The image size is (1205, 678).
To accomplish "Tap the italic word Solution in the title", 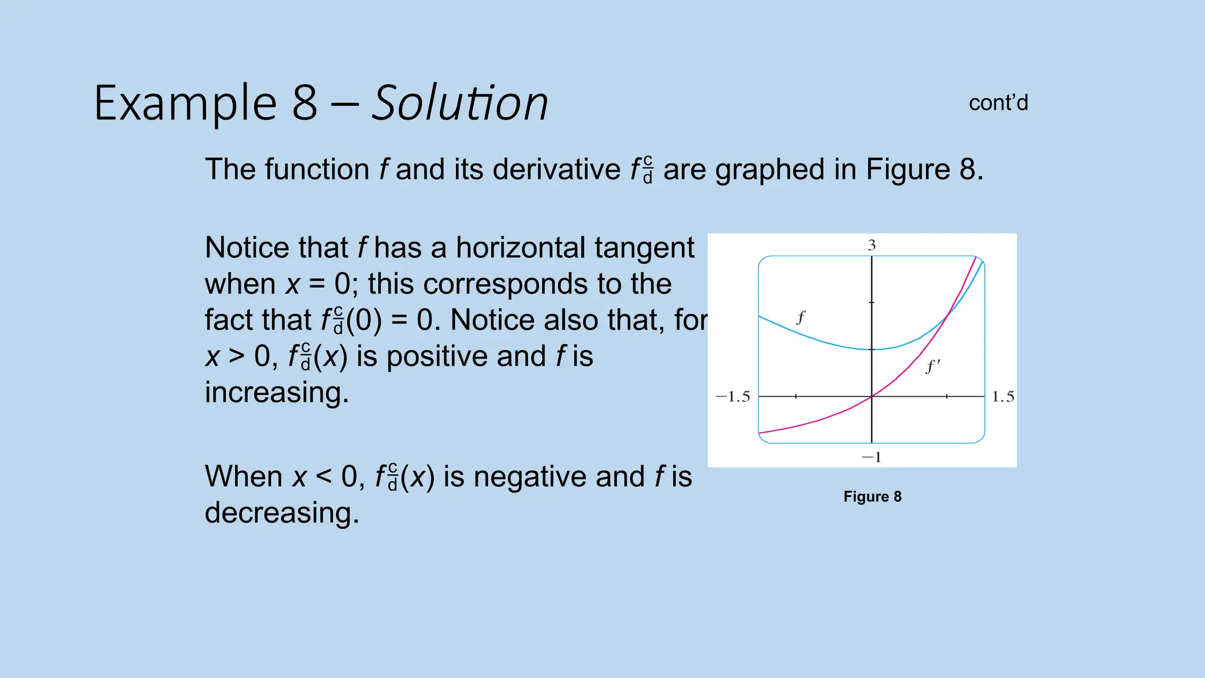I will point(460,104).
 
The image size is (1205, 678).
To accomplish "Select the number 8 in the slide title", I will point(305,104).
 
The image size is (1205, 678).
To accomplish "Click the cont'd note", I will point(998,103).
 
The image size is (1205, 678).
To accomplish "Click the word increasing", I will point(277,393).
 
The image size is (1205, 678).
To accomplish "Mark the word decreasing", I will point(281,513).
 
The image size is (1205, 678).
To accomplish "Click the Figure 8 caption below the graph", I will point(872,497).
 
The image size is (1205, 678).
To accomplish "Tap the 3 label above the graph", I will point(871,245).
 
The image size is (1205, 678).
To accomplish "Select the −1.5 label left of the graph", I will point(733,397).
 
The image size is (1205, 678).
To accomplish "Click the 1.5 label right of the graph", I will point(1003,397).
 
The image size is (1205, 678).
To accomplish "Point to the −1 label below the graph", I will point(871,457).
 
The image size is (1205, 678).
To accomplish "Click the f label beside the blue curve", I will point(801,318).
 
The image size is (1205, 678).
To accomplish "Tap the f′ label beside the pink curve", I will point(933,367).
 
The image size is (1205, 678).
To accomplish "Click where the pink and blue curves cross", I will point(946,318).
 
